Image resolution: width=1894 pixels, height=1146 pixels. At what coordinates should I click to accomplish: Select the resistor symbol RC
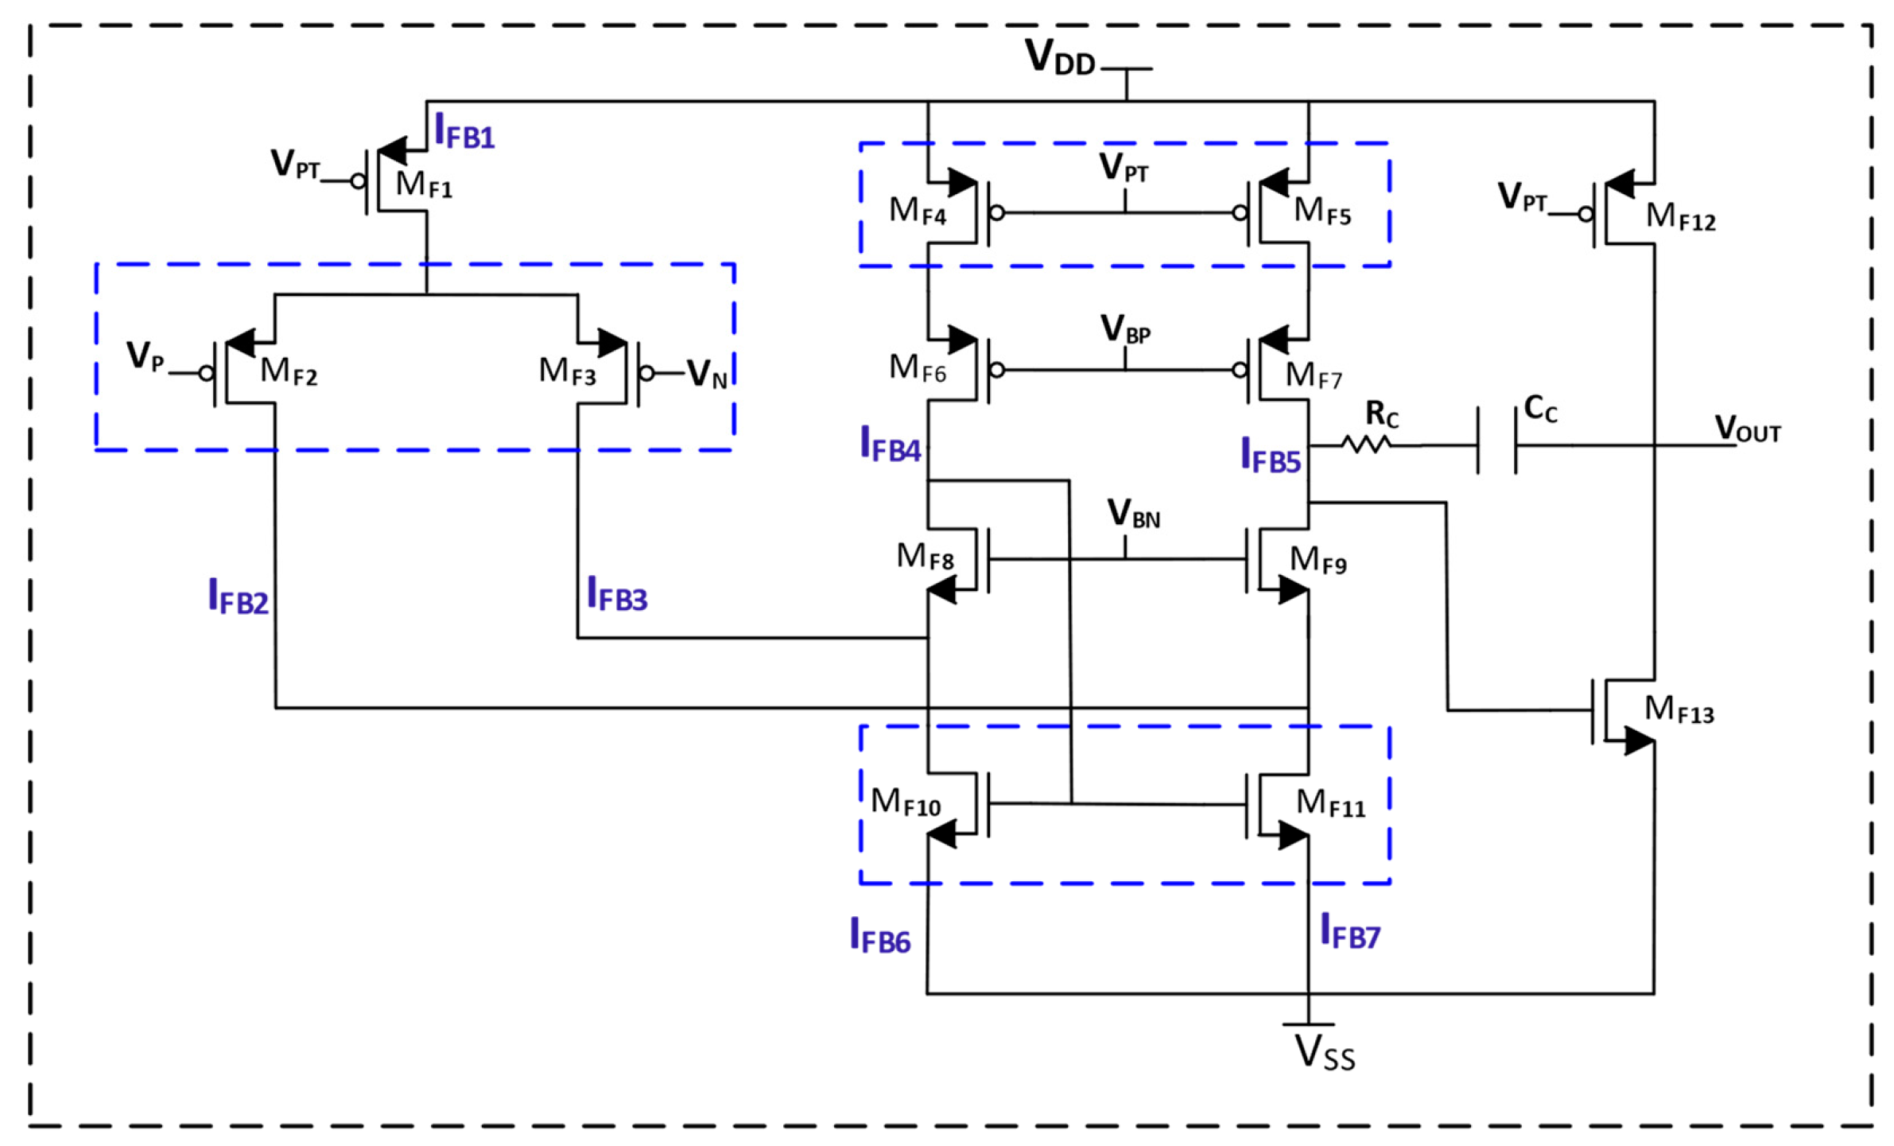pos(1366,444)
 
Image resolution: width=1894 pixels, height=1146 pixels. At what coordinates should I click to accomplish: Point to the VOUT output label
pos(1747,429)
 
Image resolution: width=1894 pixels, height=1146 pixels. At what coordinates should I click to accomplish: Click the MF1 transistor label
pos(424,185)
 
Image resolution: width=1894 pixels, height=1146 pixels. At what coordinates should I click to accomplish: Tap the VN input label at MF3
pos(707,374)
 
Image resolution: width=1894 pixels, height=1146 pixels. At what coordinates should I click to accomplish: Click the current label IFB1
pos(464,132)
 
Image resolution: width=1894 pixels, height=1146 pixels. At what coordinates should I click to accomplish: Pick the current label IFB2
pos(238,597)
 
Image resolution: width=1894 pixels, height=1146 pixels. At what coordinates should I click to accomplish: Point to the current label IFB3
pos(617,595)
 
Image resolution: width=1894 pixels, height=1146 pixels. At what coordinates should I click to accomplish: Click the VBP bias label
pos(1125,329)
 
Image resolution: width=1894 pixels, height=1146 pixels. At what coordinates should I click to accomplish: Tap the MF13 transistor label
pos(1679,709)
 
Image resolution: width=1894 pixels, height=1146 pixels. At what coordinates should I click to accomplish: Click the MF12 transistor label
pos(1680,216)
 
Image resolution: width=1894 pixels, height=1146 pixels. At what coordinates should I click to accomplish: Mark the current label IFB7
pos(1349,932)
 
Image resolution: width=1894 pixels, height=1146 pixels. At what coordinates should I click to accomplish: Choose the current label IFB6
pos(879,936)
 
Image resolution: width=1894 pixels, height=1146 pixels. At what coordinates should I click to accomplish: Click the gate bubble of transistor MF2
pos(207,373)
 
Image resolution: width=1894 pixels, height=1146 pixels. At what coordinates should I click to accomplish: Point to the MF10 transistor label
pos(905,802)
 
